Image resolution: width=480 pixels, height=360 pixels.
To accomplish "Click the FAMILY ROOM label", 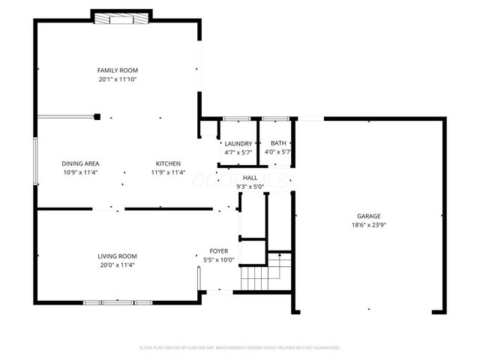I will (x=118, y=70).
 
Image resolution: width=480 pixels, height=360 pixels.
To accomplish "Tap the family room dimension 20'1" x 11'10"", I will (x=118, y=79).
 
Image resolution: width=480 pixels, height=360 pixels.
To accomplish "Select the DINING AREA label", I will (x=81, y=163).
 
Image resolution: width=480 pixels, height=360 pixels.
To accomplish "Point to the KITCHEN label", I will (x=168, y=163).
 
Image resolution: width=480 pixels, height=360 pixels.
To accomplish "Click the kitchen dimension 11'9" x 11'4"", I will (x=168, y=172).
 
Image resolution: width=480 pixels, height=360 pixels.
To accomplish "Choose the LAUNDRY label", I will (x=238, y=143).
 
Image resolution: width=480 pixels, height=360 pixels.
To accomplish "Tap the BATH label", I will (x=278, y=143).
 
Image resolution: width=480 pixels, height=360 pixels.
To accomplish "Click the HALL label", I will (x=250, y=177).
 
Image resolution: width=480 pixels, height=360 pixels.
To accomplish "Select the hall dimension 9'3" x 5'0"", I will (x=250, y=186).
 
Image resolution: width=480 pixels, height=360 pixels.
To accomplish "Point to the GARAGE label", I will (x=368, y=216).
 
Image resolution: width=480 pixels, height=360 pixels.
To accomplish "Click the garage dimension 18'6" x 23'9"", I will (x=368, y=225).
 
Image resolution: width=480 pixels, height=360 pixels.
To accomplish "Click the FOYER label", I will (x=219, y=251).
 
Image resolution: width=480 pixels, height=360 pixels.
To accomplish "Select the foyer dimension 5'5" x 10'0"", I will (x=219, y=260).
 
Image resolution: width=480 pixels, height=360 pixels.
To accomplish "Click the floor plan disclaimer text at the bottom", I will (x=240, y=348).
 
